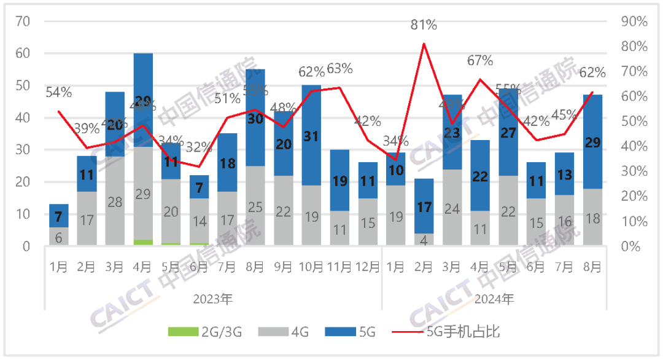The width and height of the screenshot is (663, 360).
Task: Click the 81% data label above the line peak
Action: (424, 25)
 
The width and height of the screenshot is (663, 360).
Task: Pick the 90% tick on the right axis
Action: (634, 22)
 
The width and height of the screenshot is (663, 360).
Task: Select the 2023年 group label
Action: (212, 299)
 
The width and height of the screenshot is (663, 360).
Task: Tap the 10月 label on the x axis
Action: (311, 267)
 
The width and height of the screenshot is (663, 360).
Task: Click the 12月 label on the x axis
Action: (368, 267)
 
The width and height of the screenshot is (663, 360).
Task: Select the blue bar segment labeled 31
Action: (311, 135)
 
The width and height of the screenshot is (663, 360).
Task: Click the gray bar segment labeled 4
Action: (424, 240)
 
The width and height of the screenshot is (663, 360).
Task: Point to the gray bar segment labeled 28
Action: (115, 202)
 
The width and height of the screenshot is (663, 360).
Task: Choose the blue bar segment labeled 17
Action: (424, 206)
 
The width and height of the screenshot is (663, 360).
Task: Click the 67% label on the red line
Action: (480, 60)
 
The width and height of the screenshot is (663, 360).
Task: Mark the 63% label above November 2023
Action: (339, 69)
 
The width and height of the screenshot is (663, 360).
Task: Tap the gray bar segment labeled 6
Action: (59, 237)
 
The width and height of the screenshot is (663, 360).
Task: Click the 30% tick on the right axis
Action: (634, 171)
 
